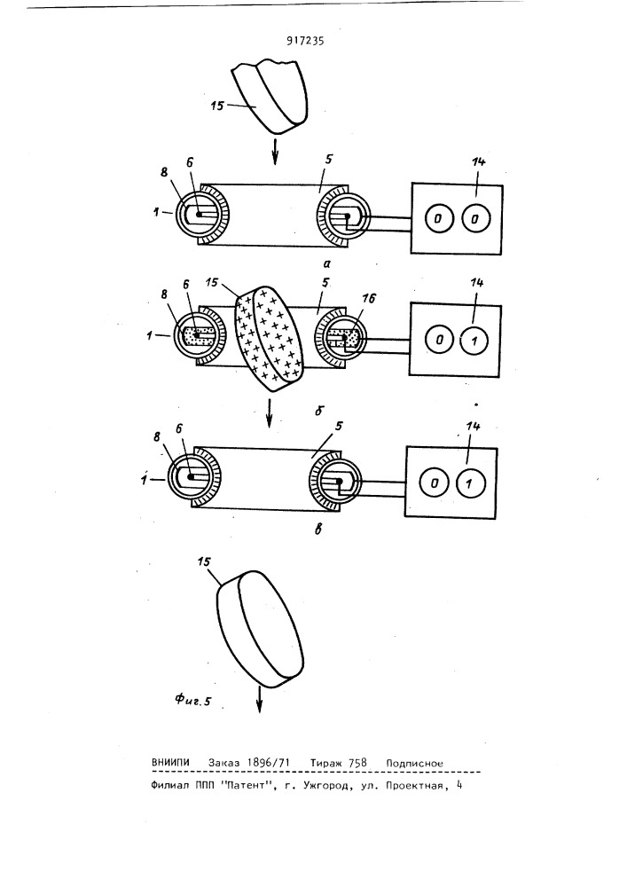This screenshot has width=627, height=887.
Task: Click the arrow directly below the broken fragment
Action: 275,152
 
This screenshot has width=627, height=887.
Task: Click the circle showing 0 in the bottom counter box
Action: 435,484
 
